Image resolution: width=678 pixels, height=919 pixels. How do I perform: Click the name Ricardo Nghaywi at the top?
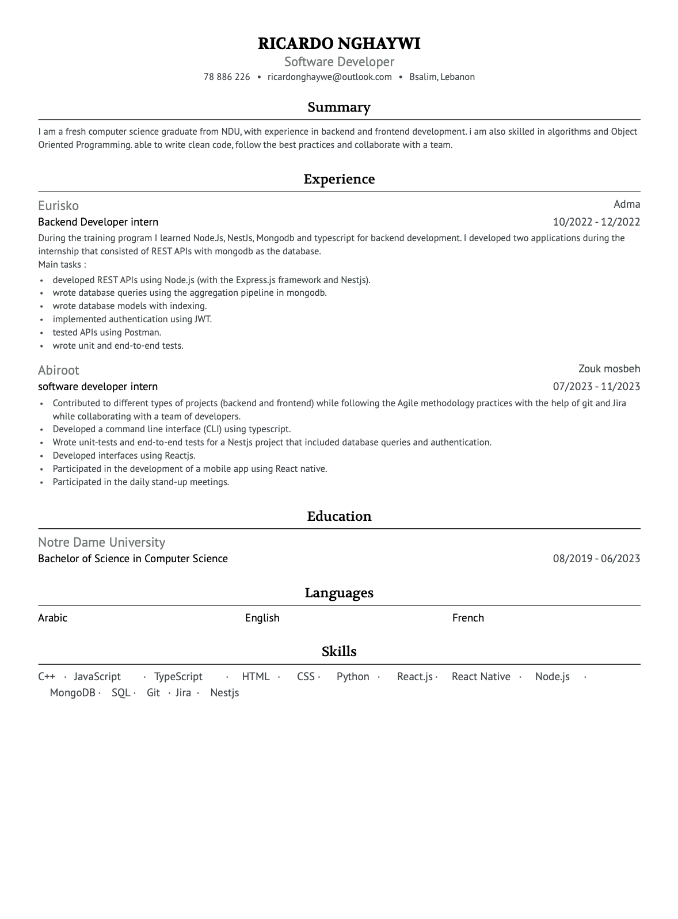(339, 44)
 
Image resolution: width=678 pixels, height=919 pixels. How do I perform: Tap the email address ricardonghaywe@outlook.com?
(329, 77)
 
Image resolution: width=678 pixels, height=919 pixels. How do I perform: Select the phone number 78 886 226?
(227, 77)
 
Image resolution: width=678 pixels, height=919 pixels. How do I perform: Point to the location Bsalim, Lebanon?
(441, 77)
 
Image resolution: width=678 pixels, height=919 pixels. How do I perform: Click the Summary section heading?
(339, 108)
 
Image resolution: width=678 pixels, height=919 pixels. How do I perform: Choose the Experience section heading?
(339, 180)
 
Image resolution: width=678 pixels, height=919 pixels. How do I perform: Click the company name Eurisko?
(58, 206)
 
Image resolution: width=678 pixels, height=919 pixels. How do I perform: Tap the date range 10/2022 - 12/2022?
(596, 222)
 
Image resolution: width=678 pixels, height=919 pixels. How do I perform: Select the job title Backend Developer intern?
(98, 222)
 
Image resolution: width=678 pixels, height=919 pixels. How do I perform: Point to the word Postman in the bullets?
(142, 333)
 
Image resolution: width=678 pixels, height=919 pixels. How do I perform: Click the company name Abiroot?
(58, 371)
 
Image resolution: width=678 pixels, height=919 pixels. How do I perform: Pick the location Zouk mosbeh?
(609, 369)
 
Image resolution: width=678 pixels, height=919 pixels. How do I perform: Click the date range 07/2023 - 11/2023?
(596, 387)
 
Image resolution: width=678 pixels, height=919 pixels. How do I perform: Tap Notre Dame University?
(101, 543)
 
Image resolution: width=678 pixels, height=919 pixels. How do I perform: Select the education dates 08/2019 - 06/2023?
(596, 559)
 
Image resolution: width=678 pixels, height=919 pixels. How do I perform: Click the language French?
(468, 618)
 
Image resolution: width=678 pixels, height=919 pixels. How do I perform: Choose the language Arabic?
(52, 618)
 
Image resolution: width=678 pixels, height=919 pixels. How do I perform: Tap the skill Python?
(353, 677)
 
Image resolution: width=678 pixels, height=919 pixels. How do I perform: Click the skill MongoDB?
(73, 693)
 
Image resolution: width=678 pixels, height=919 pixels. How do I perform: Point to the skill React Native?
(481, 677)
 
